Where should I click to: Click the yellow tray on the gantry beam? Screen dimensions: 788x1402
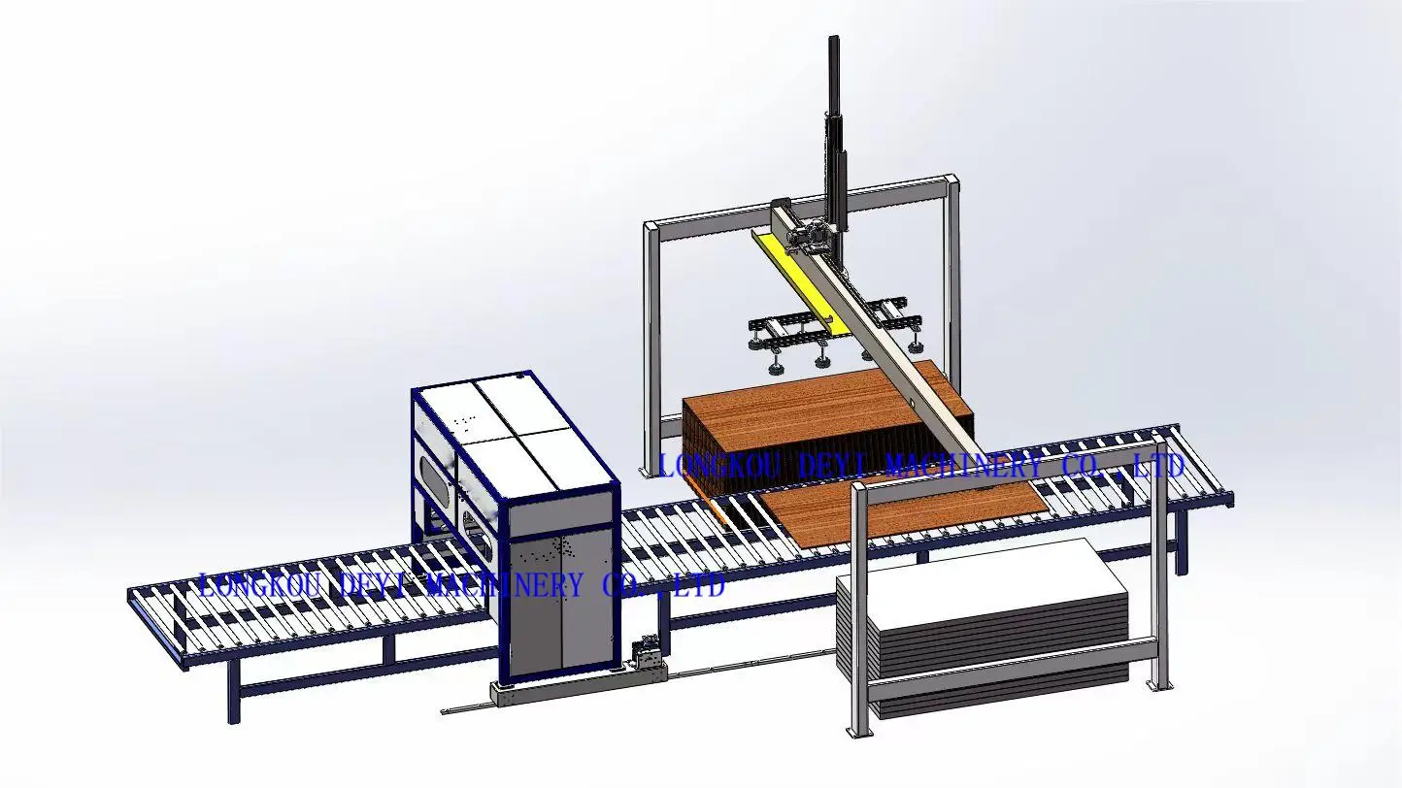point(792,276)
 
